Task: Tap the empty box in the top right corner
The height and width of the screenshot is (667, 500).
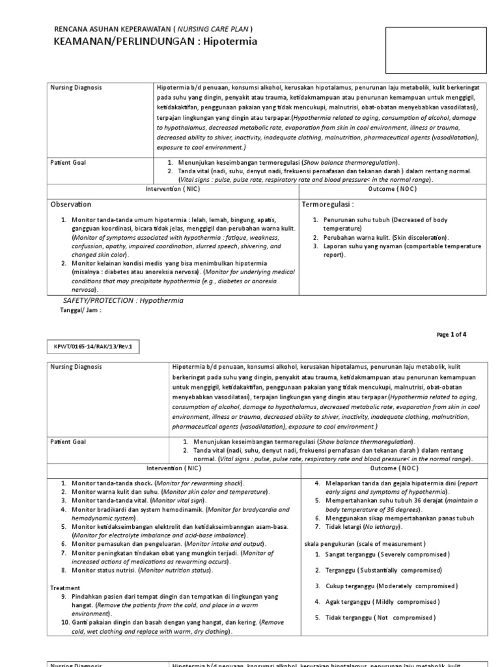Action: pos(436,50)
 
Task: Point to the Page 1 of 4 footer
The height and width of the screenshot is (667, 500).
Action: pos(451,334)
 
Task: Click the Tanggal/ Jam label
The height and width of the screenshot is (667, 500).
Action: pos(80,311)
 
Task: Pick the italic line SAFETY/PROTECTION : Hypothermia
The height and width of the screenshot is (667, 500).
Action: pos(123,300)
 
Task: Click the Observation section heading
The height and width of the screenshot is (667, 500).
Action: pos(71,205)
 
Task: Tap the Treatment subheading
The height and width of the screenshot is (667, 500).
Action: pos(66,588)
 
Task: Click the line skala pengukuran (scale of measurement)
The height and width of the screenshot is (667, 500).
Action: pos(365,543)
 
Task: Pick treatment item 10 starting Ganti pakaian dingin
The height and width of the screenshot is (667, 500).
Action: pos(163,627)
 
